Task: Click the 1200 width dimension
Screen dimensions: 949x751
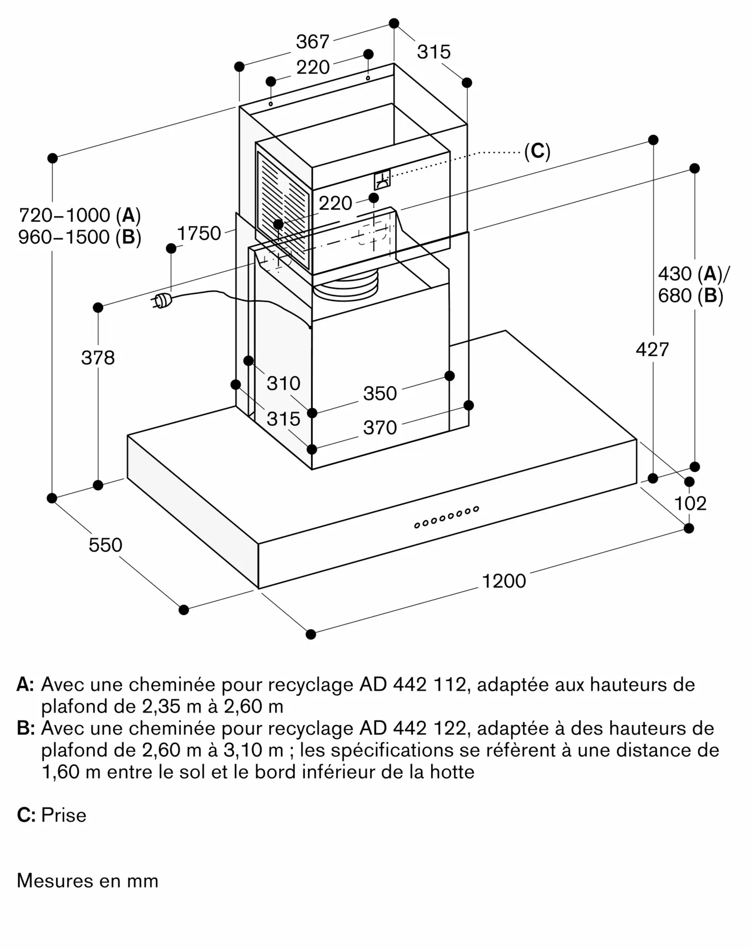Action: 504,581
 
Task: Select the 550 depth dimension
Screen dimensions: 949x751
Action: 105,545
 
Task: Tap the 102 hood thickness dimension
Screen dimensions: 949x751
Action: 690,503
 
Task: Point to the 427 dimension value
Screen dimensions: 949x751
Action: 652,350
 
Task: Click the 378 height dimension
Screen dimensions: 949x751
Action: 98,357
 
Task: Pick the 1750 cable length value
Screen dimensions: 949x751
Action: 199,233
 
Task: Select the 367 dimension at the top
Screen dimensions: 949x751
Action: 312,42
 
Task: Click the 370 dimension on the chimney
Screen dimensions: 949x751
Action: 380,428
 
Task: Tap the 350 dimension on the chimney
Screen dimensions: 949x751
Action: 380,393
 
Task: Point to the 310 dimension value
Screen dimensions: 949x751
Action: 283,383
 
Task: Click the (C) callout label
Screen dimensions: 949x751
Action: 537,151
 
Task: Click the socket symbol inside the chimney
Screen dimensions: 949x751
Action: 382,179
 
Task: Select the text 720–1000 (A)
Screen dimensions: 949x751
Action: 79,215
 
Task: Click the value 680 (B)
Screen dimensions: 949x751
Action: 690,296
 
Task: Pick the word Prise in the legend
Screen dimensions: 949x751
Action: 64,815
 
